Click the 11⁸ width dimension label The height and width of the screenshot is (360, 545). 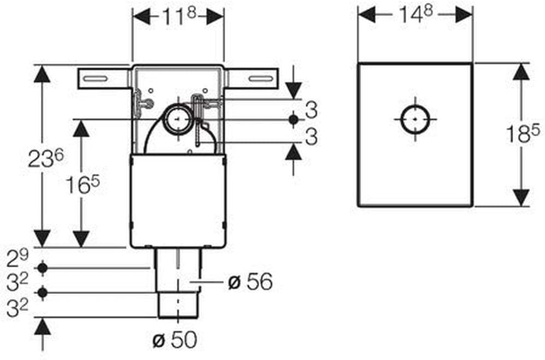click(178, 16)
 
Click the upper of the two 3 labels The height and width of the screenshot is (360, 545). click(311, 110)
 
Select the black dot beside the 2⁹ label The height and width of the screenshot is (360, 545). click(42, 268)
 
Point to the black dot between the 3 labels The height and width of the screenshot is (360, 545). click(294, 119)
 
